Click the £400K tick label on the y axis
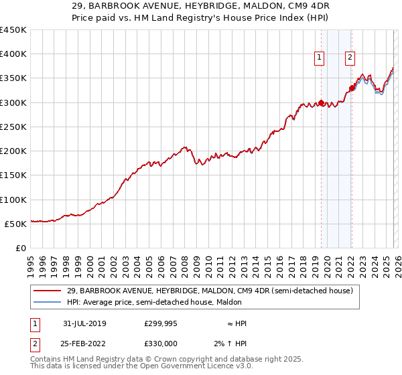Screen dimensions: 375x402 (13, 54)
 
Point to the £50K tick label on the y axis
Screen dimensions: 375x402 (15, 224)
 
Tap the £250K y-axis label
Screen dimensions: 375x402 (13, 127)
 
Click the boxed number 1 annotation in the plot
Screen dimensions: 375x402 (320, 58)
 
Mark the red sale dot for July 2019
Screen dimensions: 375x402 (321, 103)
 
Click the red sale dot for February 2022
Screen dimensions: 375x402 (352, 88)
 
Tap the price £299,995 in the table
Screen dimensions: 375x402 (160, 323)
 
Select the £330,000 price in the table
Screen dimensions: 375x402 (160, 344)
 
